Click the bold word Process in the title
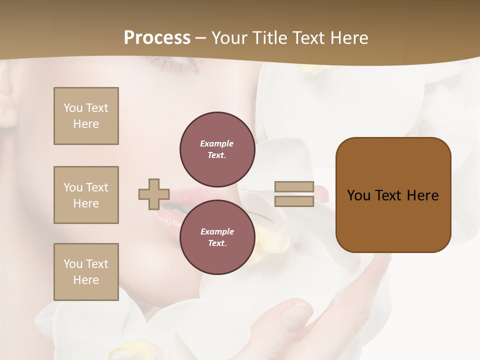coord(157,38)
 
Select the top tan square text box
coord(86,116)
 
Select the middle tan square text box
coord(86,195)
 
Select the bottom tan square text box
coord(86,271)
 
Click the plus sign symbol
coord(154,194)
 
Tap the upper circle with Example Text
coord(217,149)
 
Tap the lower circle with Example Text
coord(217,237)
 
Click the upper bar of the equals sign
coord(294,187)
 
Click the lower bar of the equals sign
coord(294,201)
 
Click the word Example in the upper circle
coord(217,143)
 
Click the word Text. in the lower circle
coord(217,243)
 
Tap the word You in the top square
coord(73,108)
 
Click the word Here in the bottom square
coord(86,280)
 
